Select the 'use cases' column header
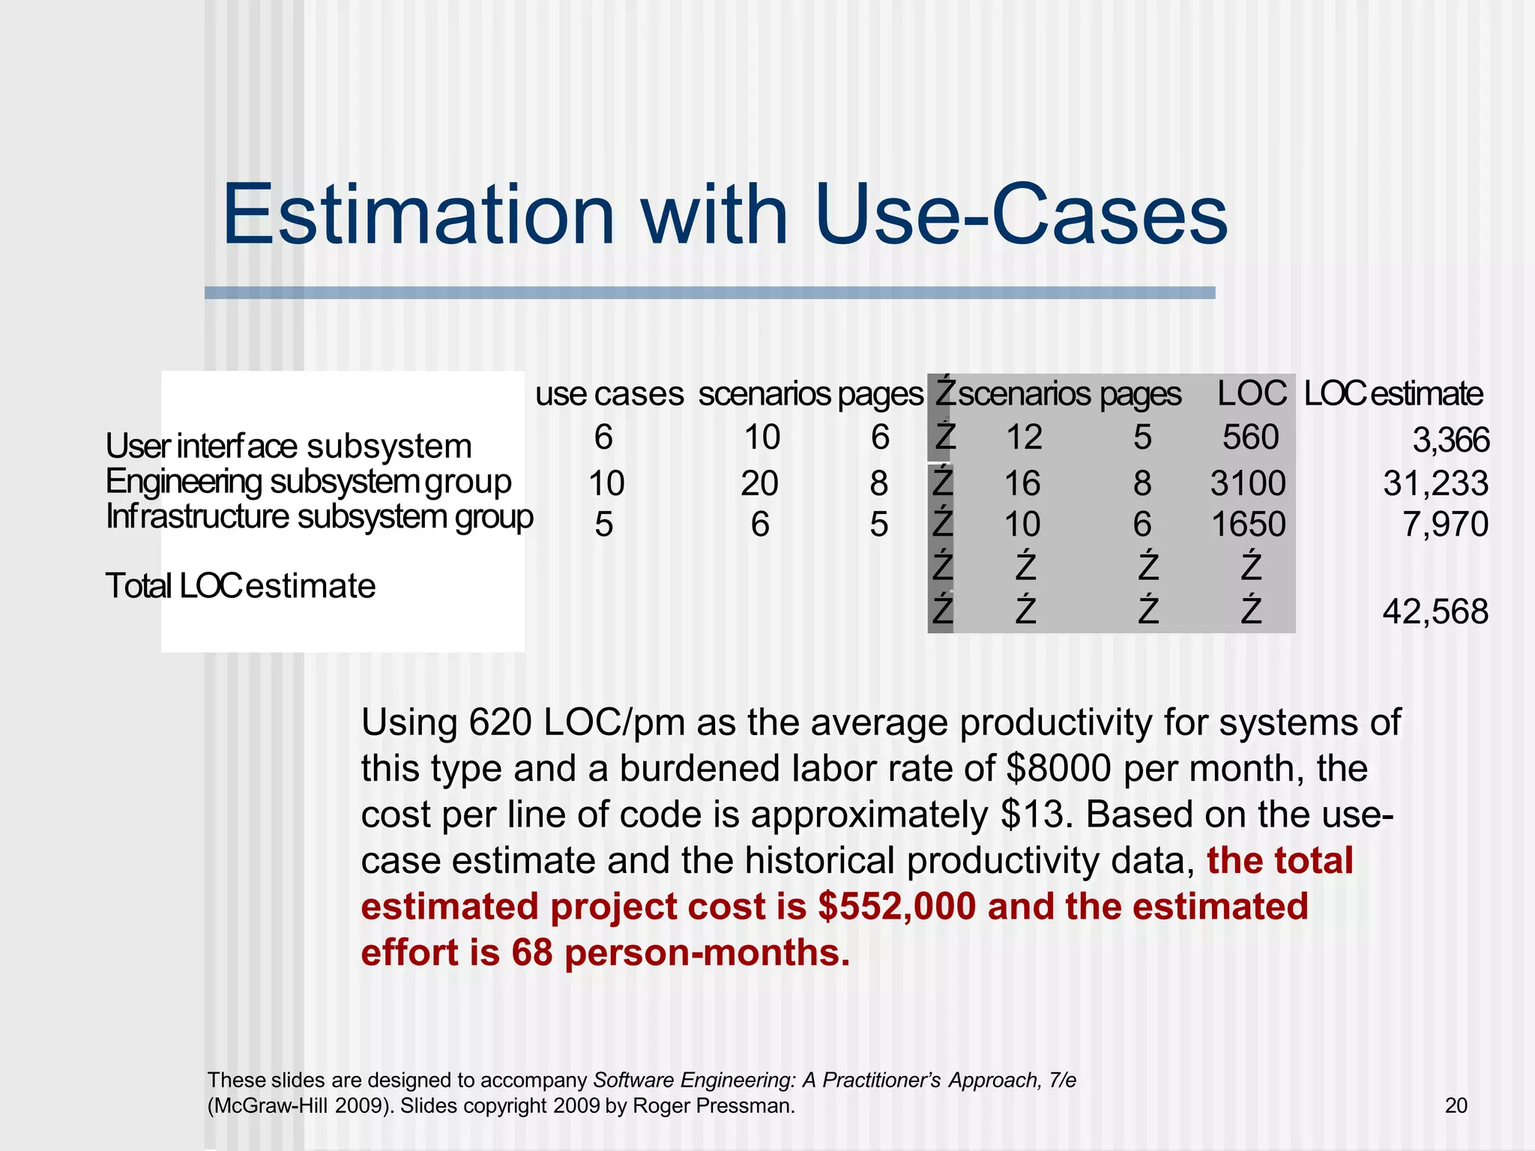point(609,394)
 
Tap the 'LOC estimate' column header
point(1393,394)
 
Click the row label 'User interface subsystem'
point(289,447)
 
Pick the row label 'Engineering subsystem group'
point(308,482)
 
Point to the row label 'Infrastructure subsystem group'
point(319,517)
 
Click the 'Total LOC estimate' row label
point(240,586)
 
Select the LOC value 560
point(1250,438)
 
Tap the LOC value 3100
point(1248,484)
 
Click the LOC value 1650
point(1249,525)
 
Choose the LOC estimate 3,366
point(1450,441)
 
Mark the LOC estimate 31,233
point(1435,484)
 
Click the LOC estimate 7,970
point(1445,525)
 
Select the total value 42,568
point(1435,612)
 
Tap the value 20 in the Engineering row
point(759,484)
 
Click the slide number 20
point(1456,1106)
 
